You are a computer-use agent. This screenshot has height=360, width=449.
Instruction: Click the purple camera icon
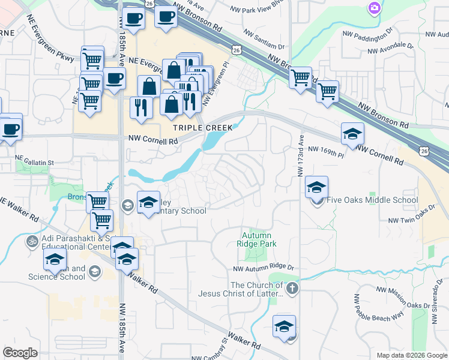pos(374,8)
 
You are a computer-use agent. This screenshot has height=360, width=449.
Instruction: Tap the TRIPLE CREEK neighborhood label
pos(194,128)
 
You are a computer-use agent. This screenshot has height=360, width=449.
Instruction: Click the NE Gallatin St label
pos(34,162)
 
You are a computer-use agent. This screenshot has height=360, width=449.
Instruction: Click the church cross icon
pos(292,289)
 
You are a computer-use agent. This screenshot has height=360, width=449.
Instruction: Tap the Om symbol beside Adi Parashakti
pos(32,241)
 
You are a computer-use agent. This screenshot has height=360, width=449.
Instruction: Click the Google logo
pos(20,353)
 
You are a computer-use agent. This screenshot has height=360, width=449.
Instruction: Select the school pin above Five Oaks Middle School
pos(316,188)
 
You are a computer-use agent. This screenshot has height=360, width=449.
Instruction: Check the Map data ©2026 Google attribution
pos(411,355)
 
